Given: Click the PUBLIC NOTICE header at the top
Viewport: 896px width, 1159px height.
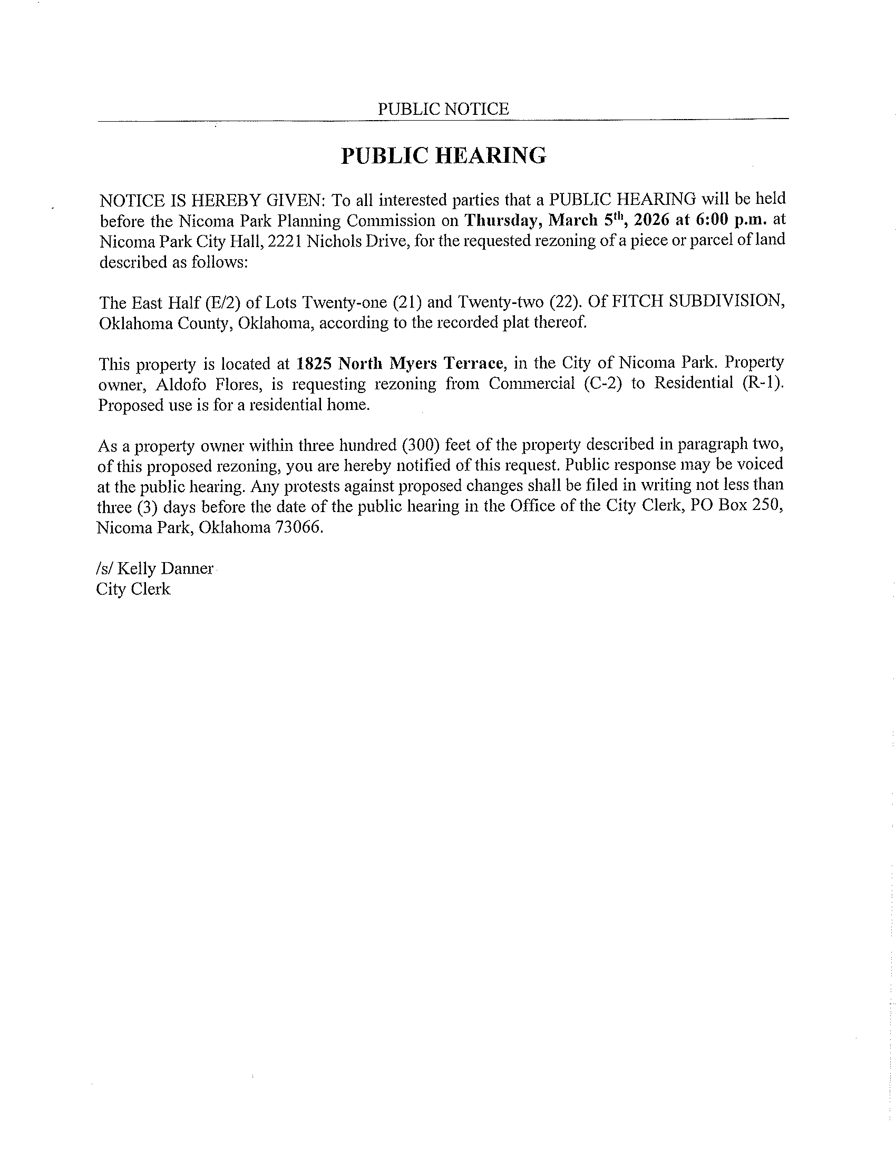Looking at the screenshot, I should [x=443, y=109].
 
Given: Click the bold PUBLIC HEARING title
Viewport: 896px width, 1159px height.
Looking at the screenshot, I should [x=443, y=155].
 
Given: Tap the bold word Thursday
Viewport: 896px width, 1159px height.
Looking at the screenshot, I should [x=503, y=220].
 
